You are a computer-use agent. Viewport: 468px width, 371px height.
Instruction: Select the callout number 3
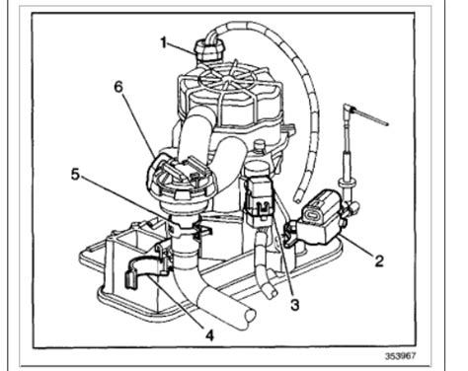coord(293,305)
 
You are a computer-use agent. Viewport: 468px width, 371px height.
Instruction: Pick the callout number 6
coord(118,87)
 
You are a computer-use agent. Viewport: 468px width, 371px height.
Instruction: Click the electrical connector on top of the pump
coord(209,48)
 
